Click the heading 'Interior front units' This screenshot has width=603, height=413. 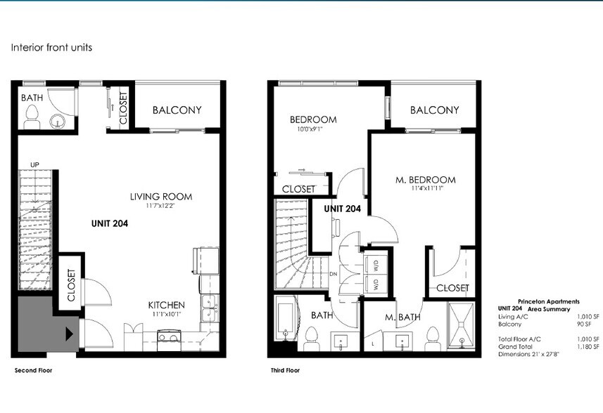51,48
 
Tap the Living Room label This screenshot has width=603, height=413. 160,197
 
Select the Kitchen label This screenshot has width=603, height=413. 166,305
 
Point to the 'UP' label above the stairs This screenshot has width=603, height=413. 34,165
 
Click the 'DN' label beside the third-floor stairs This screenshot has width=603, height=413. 332,274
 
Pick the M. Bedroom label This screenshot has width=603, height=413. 425,180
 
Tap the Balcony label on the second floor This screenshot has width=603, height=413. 177,110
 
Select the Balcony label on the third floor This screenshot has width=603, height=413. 434,110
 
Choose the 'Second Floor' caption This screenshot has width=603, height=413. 33,369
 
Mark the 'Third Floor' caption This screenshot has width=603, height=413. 285,369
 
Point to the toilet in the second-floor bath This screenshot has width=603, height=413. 32,121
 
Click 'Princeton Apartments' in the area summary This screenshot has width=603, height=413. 549,301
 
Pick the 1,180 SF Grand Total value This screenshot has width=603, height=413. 588,345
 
